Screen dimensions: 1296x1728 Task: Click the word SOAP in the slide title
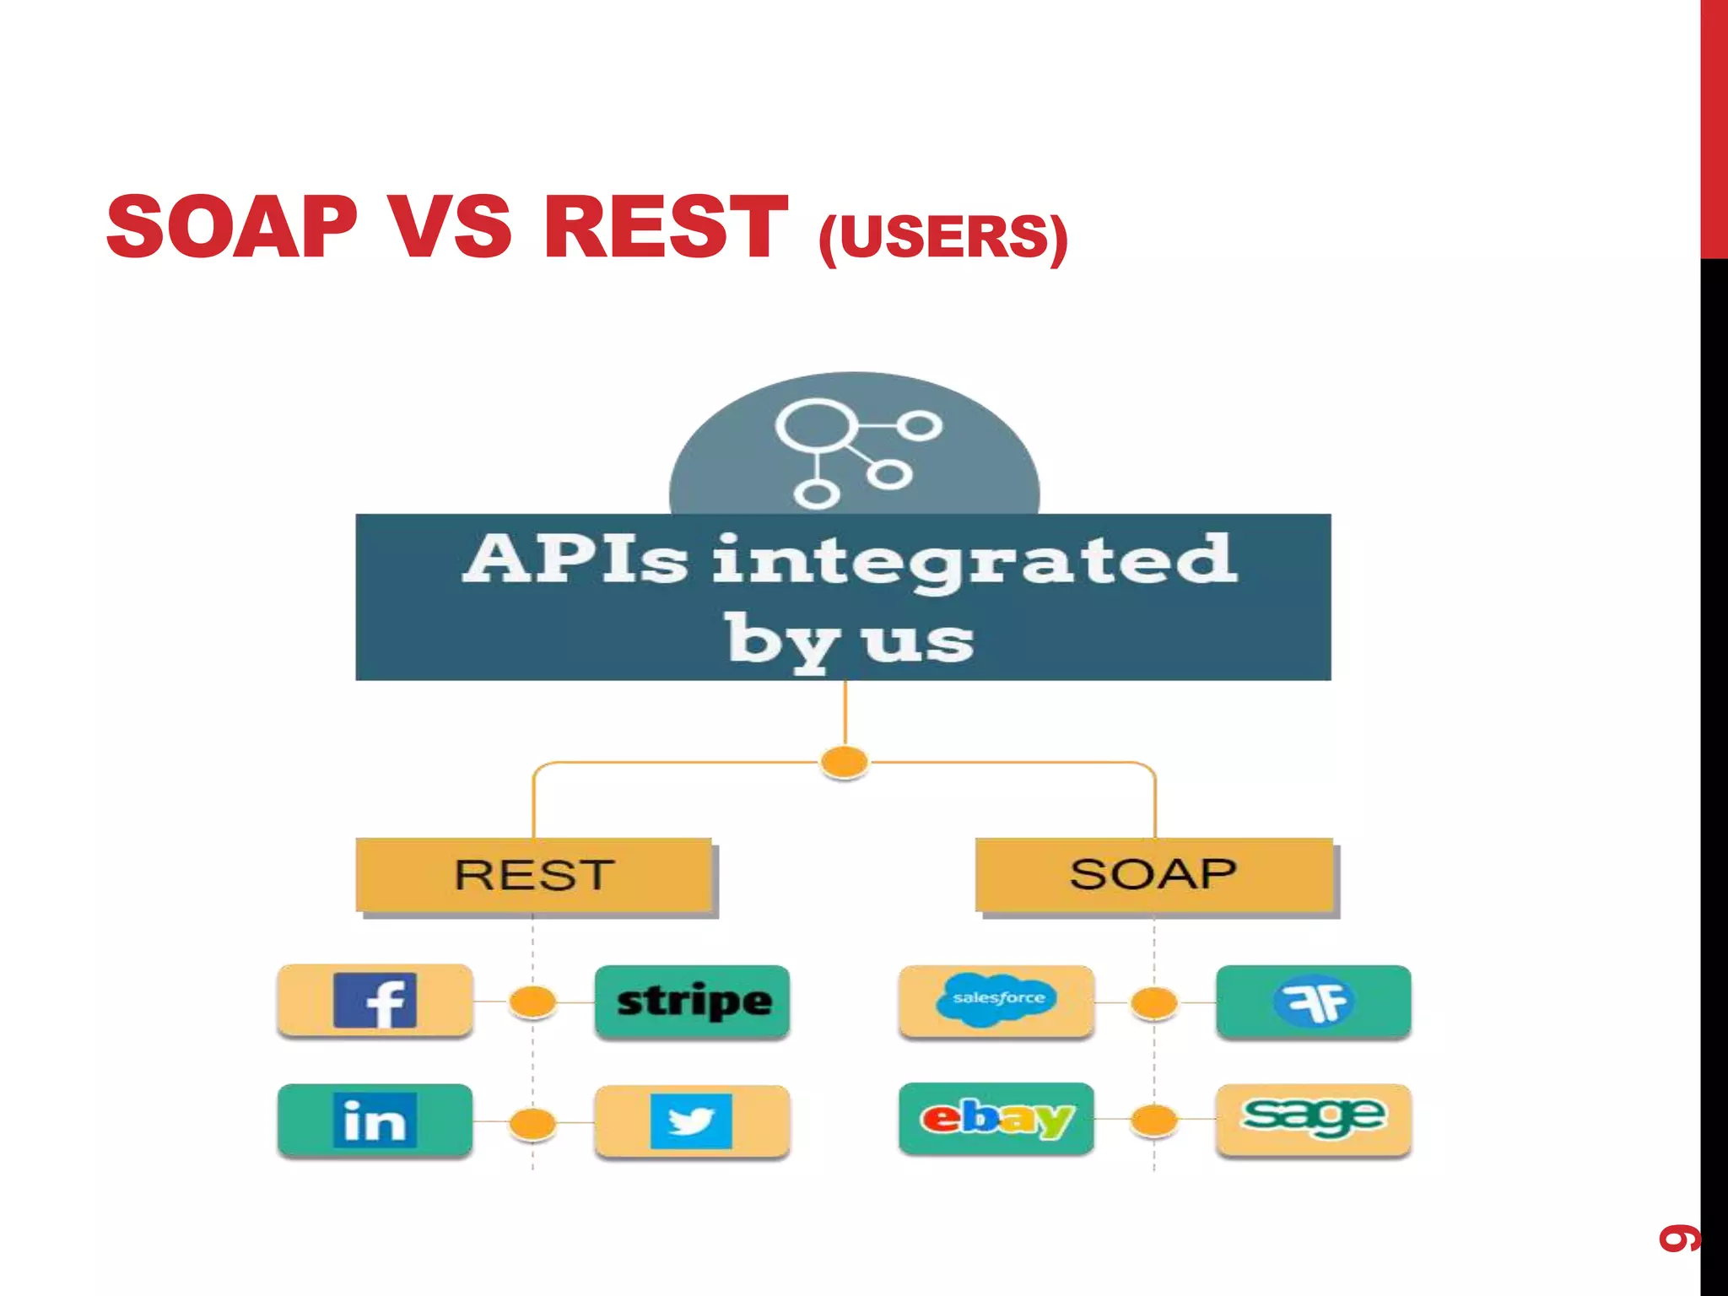click(x=232, y=226)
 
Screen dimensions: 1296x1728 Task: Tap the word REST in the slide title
click(x=666, y=226)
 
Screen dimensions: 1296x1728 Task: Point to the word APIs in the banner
click(x=575, y=559)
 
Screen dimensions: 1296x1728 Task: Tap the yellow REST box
click(x=534, y=874)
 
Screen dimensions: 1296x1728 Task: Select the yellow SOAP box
click(x=1153, y=874)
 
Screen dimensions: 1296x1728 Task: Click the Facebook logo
click(x=375, y=1001)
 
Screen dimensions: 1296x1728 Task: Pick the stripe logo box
click(x=693, y=1002)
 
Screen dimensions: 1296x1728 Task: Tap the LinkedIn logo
click(x=375, y=1120)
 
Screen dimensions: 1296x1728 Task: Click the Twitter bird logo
click(x=691, y=1121)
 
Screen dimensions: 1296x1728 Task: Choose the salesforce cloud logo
click(x=997, y=999)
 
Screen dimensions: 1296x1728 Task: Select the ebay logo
click(x=996, y=1119)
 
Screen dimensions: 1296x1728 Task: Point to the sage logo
click(x=1313, y=1117)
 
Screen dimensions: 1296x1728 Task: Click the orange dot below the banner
click(x=845, y=761)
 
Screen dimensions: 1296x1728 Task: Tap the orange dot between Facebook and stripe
click(x=533, y=1002)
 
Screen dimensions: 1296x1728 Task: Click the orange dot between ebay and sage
click(x=1154, y=1120)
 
